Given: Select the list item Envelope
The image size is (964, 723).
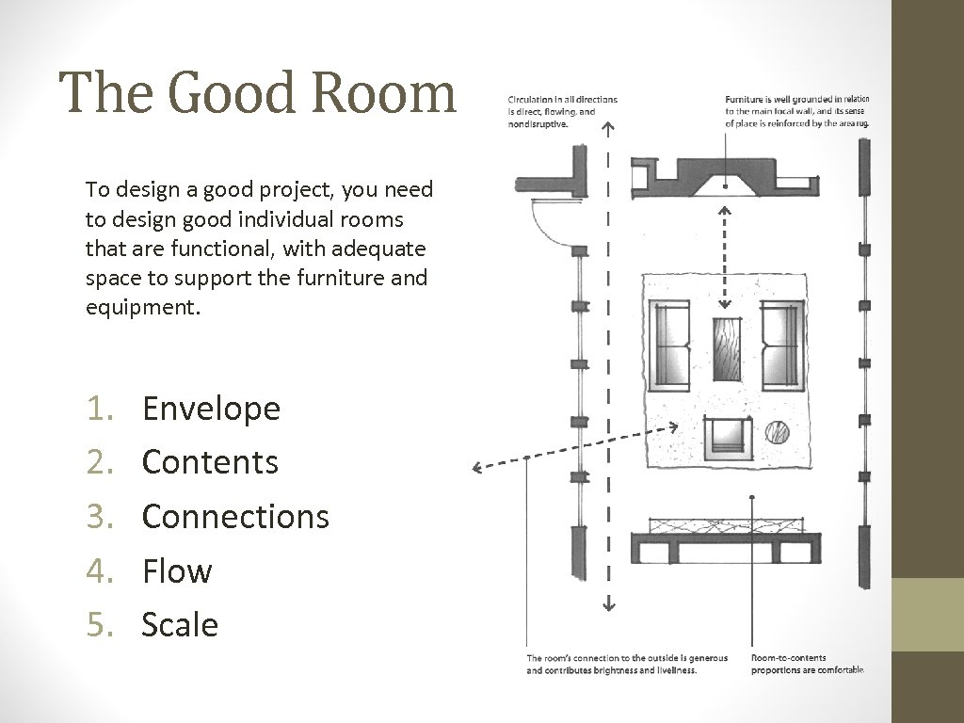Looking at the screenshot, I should click(211, 409).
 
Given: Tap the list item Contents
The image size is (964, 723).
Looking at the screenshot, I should click(210, 462).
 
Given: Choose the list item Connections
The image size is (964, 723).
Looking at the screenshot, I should click(235, 516).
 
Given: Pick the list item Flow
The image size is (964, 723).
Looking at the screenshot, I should click(177, 570).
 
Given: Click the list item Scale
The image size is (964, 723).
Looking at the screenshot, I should click(180, 624).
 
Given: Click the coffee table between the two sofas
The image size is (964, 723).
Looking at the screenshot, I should click(725, 348).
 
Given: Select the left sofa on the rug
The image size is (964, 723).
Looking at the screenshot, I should click(669, 344).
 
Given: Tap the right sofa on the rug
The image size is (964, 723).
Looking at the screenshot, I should click(781, 344).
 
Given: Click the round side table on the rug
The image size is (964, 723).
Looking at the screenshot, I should click(777, 432).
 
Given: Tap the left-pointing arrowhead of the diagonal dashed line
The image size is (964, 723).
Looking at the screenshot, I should click(478, 467).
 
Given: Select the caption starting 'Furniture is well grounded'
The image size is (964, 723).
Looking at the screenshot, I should click(796, 111).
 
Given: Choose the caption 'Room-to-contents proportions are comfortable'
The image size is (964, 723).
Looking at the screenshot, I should click(807, 664).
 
